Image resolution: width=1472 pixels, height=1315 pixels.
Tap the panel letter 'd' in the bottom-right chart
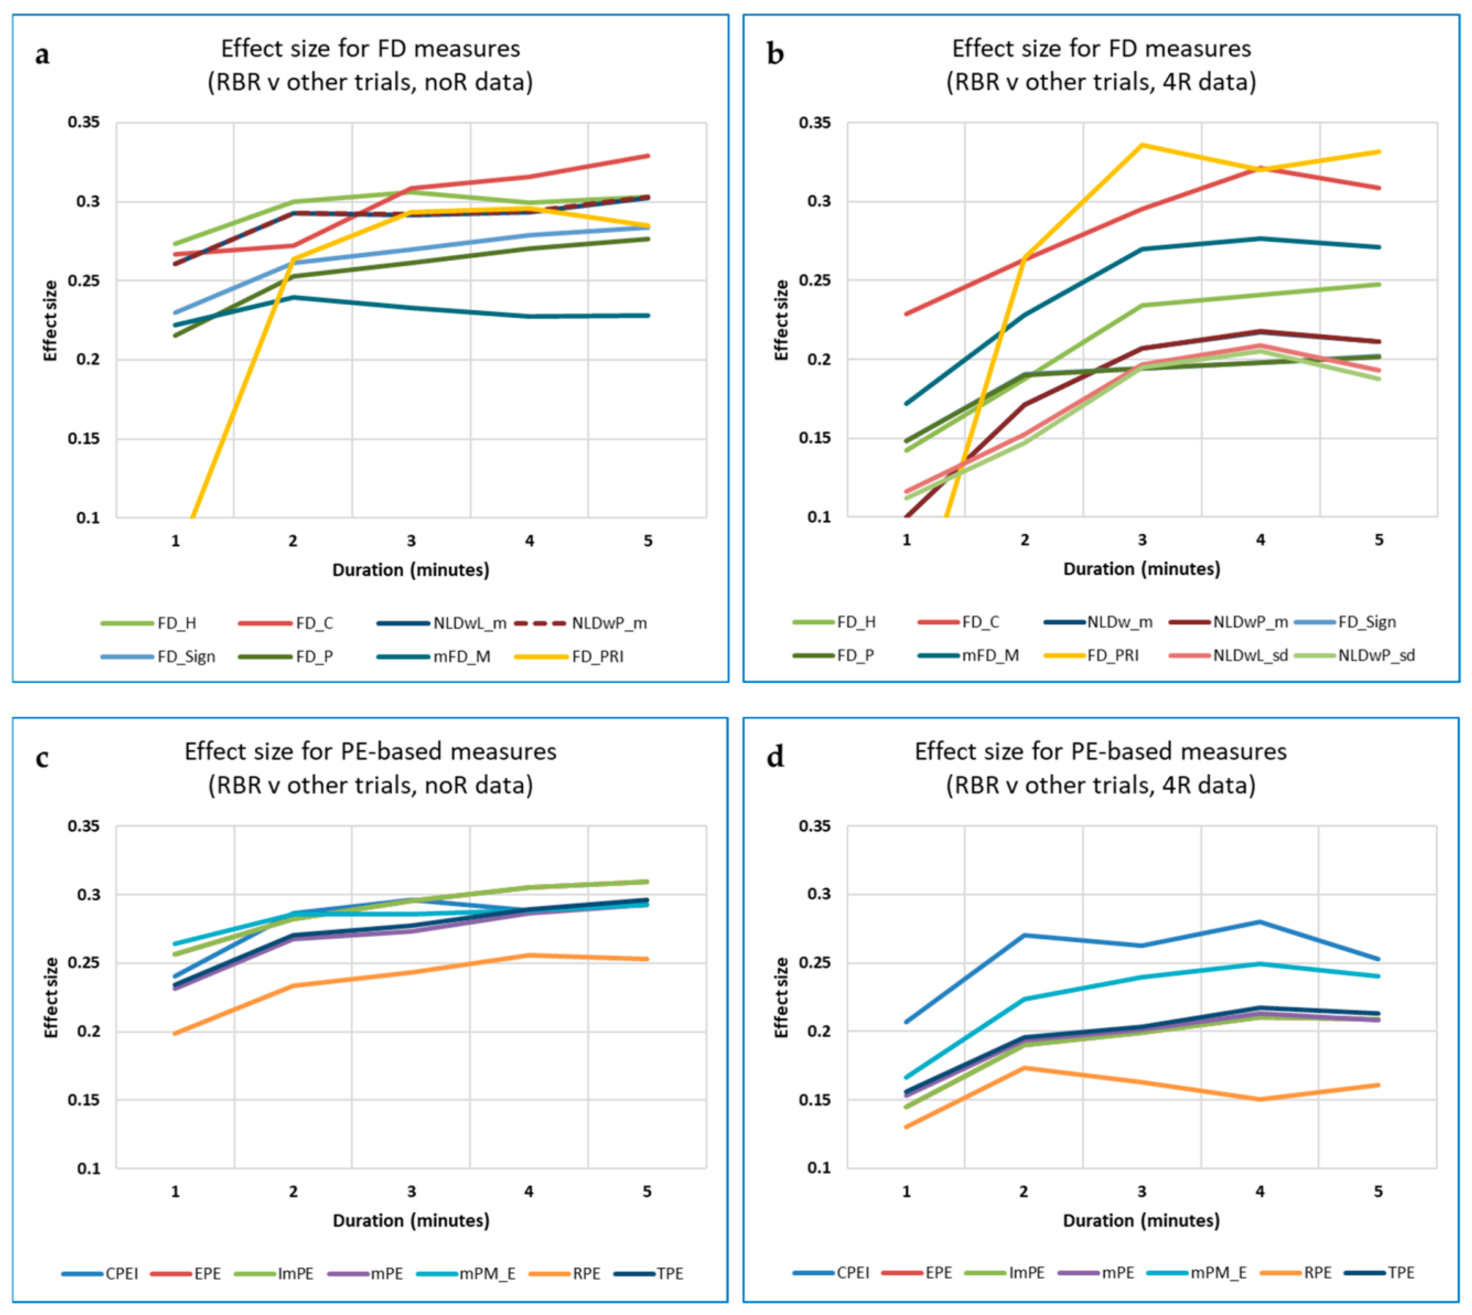[x=775, y=757]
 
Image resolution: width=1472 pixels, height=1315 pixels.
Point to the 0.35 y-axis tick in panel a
[x=84, y=122]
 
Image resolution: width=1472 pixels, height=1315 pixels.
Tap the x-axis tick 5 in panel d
[x=1378, y=1191]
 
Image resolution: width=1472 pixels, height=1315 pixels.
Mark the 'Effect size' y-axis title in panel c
[x=51, y=998]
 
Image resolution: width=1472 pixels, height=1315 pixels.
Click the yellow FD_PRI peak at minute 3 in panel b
[x=1143, y=145]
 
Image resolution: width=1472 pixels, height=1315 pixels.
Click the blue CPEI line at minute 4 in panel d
[x=1260, y=922]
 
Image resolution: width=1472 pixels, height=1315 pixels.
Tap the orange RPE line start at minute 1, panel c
[x=175, y=1033]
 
